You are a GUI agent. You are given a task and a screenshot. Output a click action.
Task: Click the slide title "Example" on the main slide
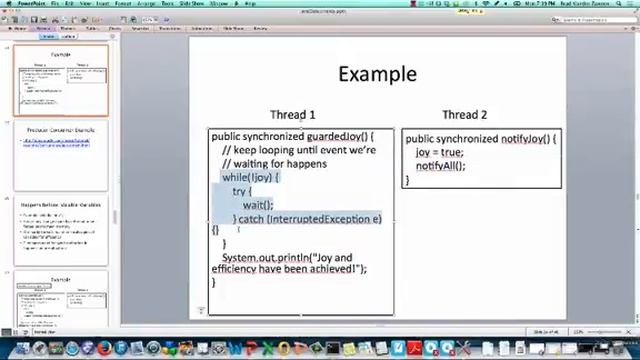pyautogui.click(x=377, y=74)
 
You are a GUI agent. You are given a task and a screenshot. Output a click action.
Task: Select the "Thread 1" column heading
pyautogui.click(x=292, y=115)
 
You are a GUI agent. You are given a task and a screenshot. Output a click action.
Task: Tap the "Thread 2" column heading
pyautogui.click(x=465, y=115)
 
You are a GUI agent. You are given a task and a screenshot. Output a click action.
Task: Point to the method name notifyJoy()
pyautogui.click(x=528, y=139)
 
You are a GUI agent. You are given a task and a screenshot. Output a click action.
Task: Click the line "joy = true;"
pyautogui.click(x=439, y=152)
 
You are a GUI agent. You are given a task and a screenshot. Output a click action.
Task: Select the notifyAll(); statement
pyautogui.click(x=440, y=165)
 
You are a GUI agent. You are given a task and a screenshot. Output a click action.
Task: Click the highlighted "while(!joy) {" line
pyautogui.click(x=250, y=177)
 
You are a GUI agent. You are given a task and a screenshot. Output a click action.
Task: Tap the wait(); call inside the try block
pyautogui.click(x=257, y=205)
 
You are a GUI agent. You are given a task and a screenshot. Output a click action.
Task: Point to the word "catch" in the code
pyautogui.click(x=251, y=219)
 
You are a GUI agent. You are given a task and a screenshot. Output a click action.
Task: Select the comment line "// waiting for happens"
pyautogui.click(x=274, y=163)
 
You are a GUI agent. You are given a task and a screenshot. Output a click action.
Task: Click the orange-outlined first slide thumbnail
pyautogui.click(x=61, y=81)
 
